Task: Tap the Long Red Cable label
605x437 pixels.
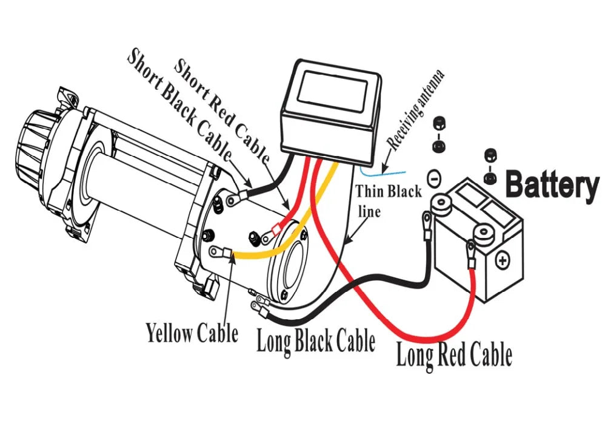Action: (453, 354)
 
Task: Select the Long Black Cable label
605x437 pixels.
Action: (316, 341)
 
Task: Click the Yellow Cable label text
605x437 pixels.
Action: (192, 333)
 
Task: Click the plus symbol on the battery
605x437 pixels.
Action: (503, 261)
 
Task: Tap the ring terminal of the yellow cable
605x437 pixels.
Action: (216, 252)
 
